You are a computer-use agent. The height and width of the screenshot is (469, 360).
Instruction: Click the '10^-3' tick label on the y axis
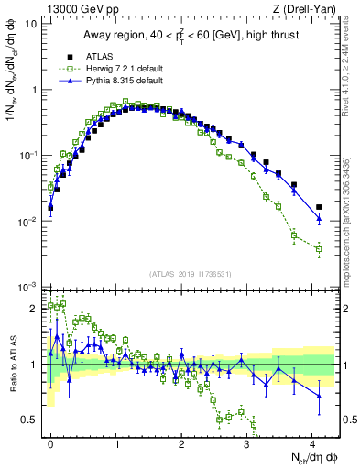27,288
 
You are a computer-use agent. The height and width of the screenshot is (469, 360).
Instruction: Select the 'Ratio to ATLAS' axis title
12,365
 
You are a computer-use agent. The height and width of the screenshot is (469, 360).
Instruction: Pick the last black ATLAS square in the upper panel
319,207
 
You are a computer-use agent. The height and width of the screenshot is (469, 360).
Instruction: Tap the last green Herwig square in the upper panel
319,249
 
